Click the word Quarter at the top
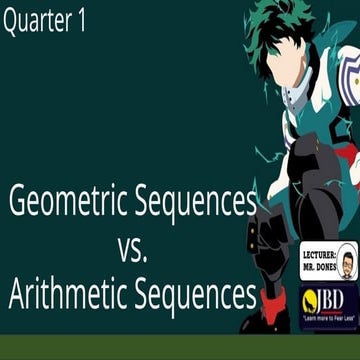37,23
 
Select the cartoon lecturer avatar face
345,264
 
